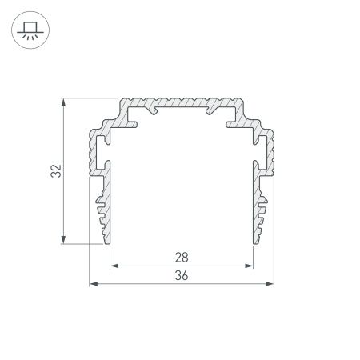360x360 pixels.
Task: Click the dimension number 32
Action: click(x=54, y=170)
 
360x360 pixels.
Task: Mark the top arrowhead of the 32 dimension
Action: click(x=62, y=102)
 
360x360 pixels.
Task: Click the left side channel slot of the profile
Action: click(x=102, y=147)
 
